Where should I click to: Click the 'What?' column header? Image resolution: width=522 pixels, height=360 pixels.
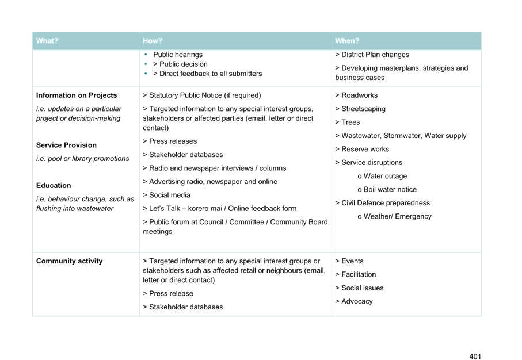click(x=47, y=41)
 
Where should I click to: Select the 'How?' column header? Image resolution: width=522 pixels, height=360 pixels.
click(x=153, y=41)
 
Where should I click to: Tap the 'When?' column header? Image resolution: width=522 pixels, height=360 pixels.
click(x=346, y=41)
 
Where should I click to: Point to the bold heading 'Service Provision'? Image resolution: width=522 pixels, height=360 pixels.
click(x=66, y=145)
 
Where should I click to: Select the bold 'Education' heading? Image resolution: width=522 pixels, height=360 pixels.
click(x=54, y=186)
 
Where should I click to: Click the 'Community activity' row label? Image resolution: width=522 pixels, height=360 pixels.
click(x=69, y=261)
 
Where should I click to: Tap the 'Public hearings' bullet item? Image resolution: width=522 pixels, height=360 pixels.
click(x=177, y=55)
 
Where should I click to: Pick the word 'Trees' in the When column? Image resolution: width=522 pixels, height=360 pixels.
click(x=350, y=122)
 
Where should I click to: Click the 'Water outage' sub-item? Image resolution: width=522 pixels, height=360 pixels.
click(x=385, y=176)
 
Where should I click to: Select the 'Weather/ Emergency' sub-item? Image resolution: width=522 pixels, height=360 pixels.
click(x=397, y=217)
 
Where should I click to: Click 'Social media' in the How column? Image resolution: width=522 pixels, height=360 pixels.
click(x=170, y=195)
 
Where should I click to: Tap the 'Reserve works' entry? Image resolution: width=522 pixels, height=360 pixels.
click(x=365, y=150)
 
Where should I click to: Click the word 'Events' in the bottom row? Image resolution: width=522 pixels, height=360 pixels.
click(x=352, y=261)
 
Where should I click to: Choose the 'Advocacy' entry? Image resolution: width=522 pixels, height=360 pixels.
click(x=357, y=301)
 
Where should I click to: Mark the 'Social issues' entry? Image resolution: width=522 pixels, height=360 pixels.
click(x=362, y=288)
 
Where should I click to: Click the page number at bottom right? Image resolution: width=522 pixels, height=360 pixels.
click(x=475, y=357)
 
